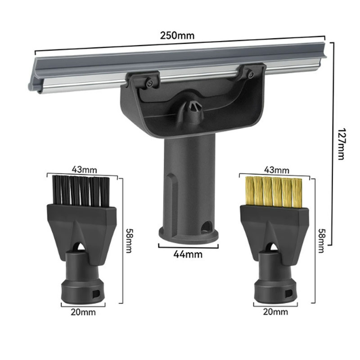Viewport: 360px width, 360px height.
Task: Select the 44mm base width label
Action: [x=188, y=254]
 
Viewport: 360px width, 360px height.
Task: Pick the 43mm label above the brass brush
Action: [x=276, y=170]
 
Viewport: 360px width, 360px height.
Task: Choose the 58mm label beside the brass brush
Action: [x=321, y=241]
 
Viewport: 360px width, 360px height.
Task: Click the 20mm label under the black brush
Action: [x=83, y=311]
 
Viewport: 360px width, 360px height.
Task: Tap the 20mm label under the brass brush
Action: [x=275, y=311]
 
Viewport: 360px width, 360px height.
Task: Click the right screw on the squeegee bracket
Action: [x=250, y=74]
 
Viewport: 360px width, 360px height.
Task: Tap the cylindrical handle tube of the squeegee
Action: [x=188, y=180]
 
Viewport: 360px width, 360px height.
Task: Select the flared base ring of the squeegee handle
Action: [x=188, y=235]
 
